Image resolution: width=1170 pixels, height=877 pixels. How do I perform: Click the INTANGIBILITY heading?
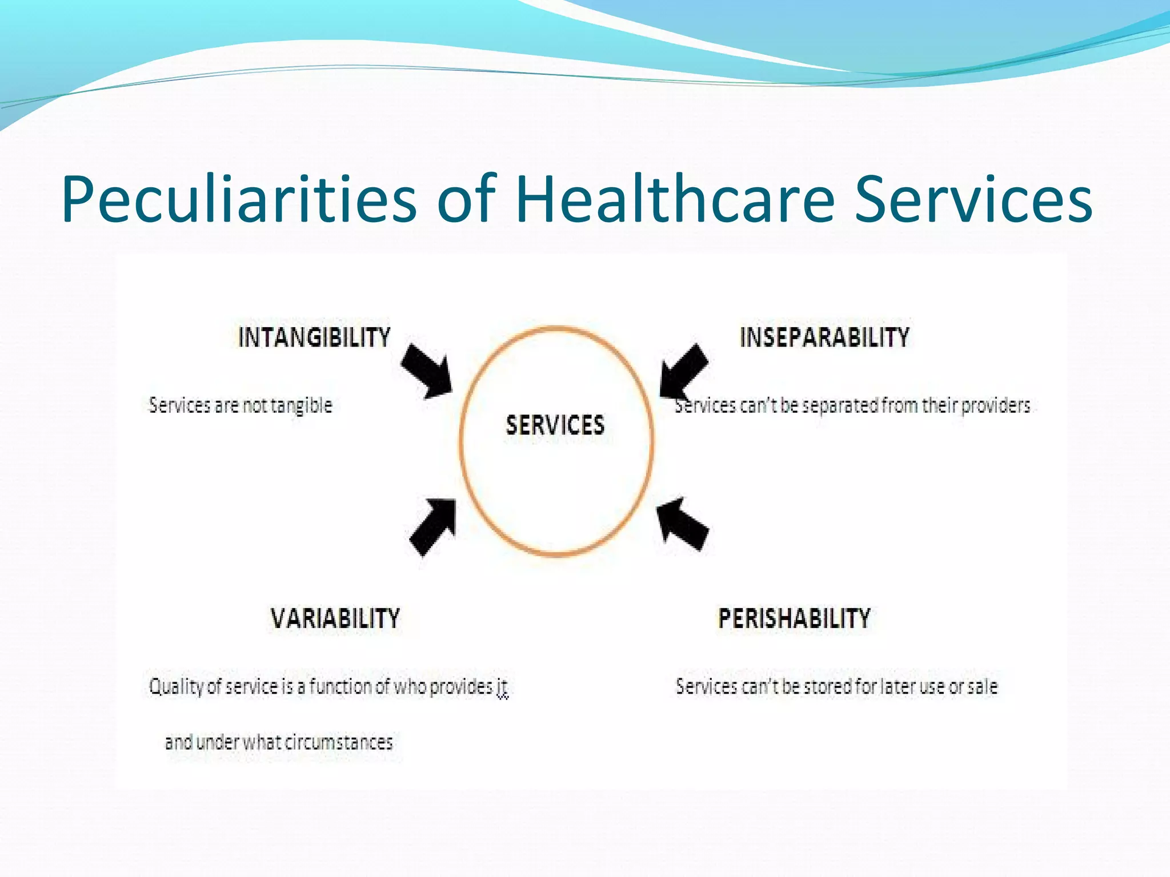(314, 337)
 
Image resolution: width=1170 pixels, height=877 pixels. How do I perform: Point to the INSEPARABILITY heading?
(824, 337)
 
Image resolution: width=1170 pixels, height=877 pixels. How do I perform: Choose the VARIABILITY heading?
(335, 618)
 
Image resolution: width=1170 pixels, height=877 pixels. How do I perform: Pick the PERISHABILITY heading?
(794, 618)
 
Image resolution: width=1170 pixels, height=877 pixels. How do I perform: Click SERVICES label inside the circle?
(555, 425)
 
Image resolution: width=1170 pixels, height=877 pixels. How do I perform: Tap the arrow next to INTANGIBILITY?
(426, 371)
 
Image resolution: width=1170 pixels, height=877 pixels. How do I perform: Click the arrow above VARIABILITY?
(434, 526)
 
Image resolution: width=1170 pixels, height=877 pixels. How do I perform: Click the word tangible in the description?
(301, 405)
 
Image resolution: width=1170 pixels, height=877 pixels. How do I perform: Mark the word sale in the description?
(982, 686)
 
